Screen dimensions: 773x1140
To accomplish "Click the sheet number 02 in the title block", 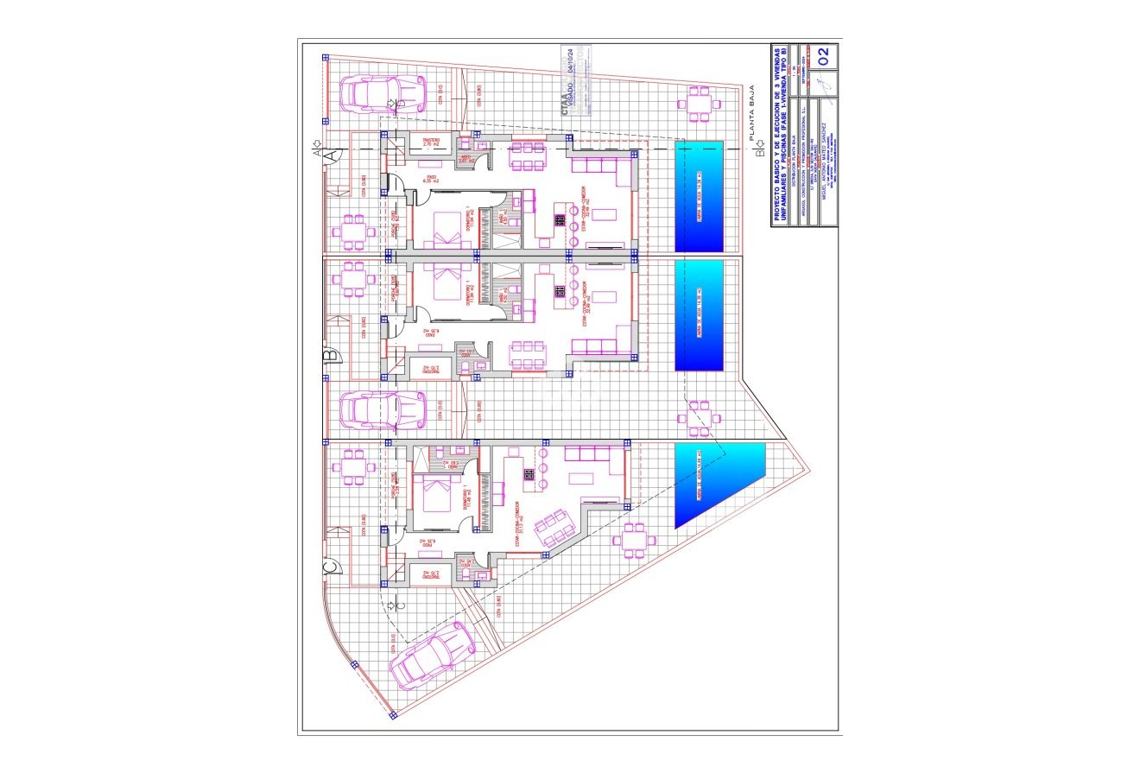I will pyautogui.click(x=822, y=56).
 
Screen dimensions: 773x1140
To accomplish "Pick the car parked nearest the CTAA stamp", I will pyautogui.click(x=383, y=93).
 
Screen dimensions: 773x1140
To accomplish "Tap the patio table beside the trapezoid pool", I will pyautogui.click(x=634, y=538).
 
